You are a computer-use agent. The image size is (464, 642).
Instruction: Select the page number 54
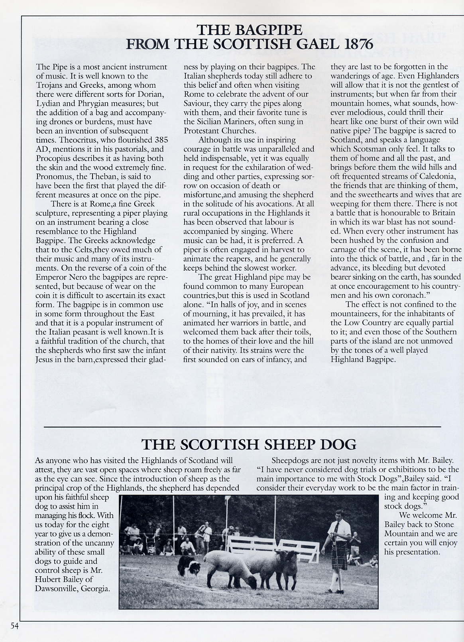click(14, 626)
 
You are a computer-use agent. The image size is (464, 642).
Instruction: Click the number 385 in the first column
click(160, 140)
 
